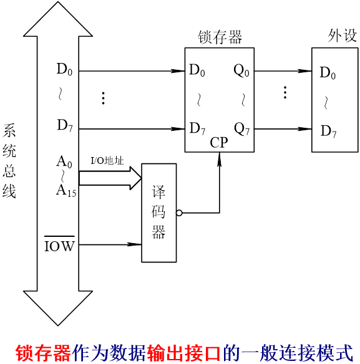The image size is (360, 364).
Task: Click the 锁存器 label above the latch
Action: [220, 37]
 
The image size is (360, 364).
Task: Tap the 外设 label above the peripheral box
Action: [343, 36]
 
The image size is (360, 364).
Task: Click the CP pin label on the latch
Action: [219, 143]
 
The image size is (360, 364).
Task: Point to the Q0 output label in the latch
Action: [241, 70]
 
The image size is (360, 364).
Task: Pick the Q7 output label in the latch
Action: [241, 129]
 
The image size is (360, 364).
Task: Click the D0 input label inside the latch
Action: [197, 70]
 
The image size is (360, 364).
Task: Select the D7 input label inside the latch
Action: [197, 129]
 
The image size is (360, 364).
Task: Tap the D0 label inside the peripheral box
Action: [328, 73]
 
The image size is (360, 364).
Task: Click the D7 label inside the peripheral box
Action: [329, 132]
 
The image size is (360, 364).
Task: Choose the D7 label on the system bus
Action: [65, 125]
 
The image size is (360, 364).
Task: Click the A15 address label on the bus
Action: [66, 191]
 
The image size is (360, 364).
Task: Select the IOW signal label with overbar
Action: [59, 245]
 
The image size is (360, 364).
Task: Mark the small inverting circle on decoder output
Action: [179, 213]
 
